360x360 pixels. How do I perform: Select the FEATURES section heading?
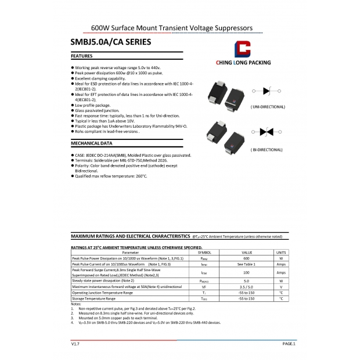click(82, 56)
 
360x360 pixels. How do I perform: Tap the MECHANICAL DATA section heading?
click(91, 142)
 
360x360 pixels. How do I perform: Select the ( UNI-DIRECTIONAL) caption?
click(268, 107)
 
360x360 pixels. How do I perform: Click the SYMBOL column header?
click(204, 253)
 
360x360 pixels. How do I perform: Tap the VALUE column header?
click(246, 253)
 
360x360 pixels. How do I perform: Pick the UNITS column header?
click(281, 253)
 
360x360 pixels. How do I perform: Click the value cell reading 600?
click(246, 258)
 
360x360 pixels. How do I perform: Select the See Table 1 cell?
click(246, 264)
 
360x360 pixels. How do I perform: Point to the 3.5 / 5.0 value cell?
click(246, 287)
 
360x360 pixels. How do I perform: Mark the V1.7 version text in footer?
click(75, 344)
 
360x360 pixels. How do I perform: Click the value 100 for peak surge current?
click(246, 272)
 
